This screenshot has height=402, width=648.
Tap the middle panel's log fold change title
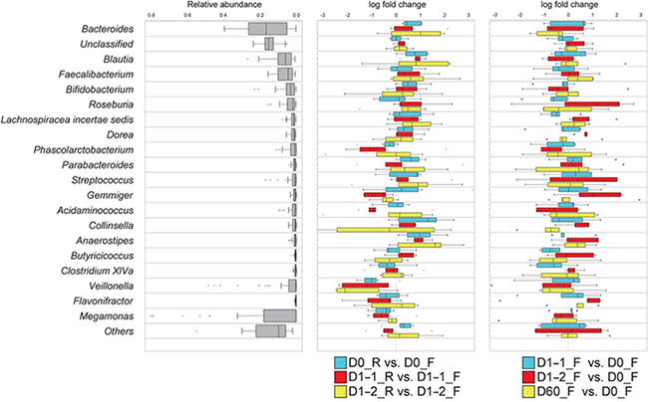coord(398,6)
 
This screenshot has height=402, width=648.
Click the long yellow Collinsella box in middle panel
coord(369,229)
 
